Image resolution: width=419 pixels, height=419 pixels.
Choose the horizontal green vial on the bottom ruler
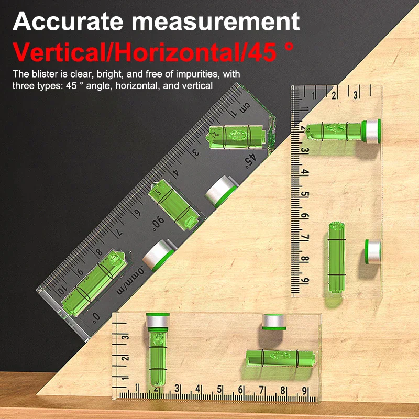282,358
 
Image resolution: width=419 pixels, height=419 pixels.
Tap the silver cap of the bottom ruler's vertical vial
159,321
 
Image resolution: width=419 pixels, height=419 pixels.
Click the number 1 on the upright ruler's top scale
313,95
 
